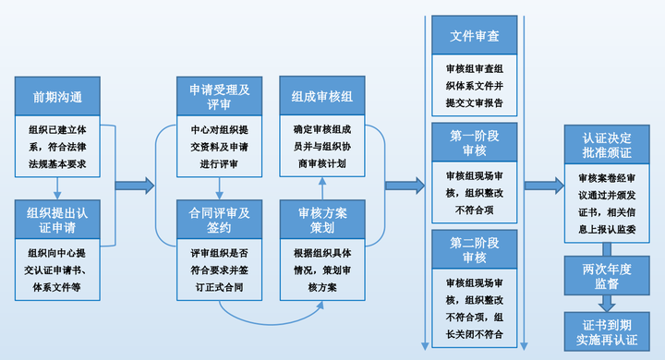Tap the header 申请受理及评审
click(x=220, y=96)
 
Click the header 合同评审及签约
click(x=220, y=220)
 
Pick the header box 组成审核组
click(x=321, y=96)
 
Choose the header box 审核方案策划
click(x=321, y=220)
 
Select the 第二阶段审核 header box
click(x=475, y=250)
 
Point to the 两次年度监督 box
click(x=607, y=274)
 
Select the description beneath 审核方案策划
click(x=321, y=270)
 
